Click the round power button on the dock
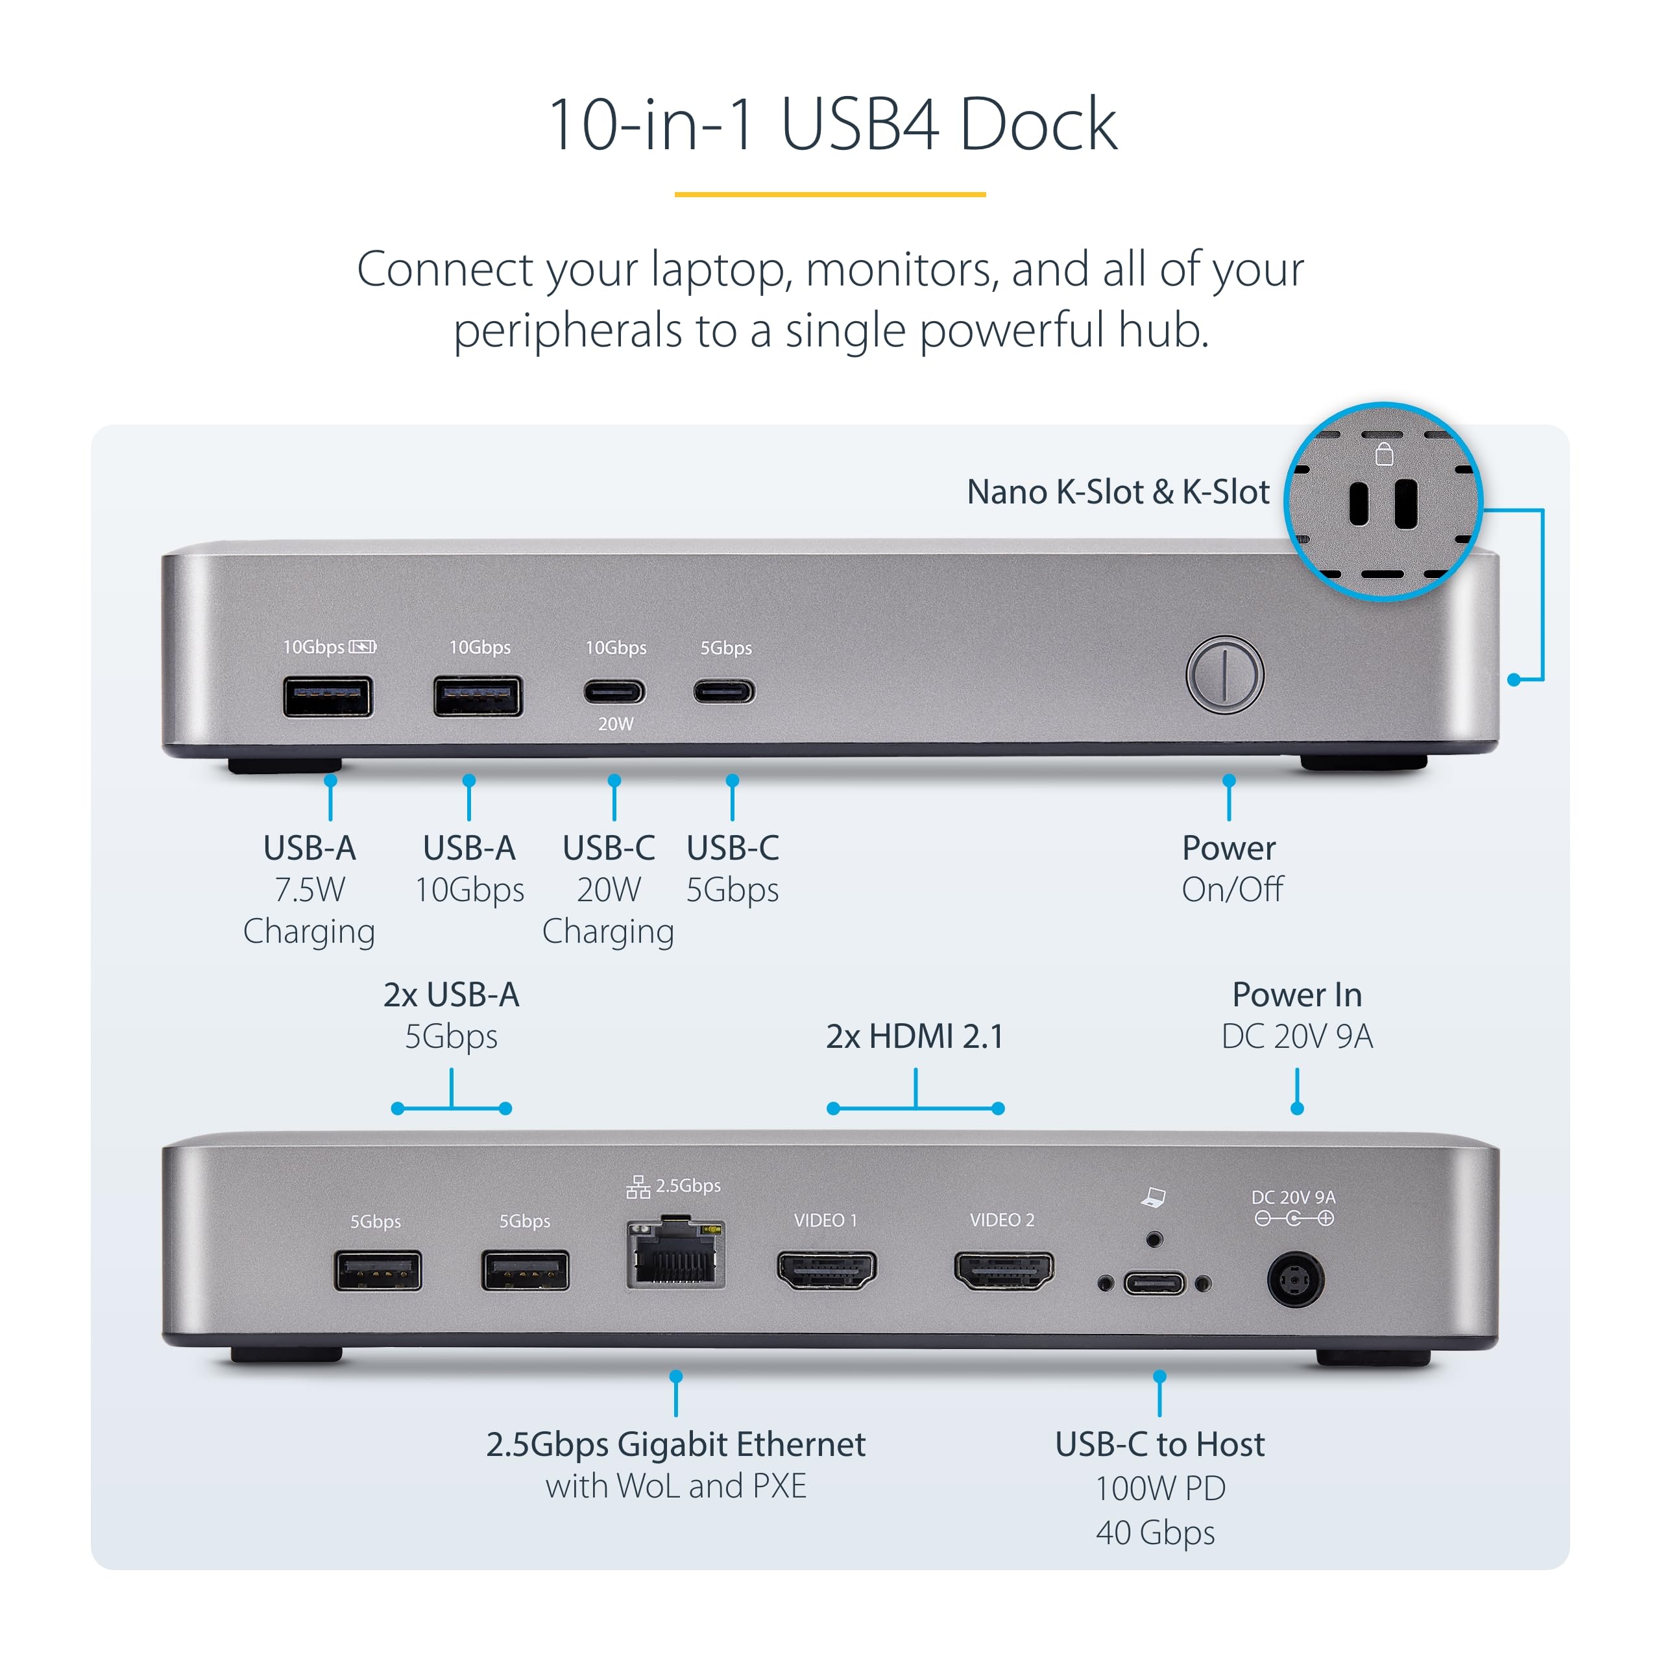pos(1224,675)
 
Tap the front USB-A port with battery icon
pos(328,696)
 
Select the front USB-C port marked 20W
pos(614,691)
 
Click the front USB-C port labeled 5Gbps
pos(724,691)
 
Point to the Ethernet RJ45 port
pos(675,1255)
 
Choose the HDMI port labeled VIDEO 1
pos(826,1270)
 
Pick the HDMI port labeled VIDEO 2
pos(1003,1270)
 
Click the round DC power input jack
pos(1295,1280)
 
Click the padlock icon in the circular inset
pos(1383,454)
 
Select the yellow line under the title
pos(830,194)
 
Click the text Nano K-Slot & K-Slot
pos(1118,492)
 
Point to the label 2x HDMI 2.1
pos(915,1036)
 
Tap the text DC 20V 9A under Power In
pos(1296,1036)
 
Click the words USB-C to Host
pos(1159,1444)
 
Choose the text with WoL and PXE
pos(675,1486)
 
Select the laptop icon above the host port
pos(1154,1196)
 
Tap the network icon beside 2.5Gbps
pos(638,1187)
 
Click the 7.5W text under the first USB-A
pos(309,890)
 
